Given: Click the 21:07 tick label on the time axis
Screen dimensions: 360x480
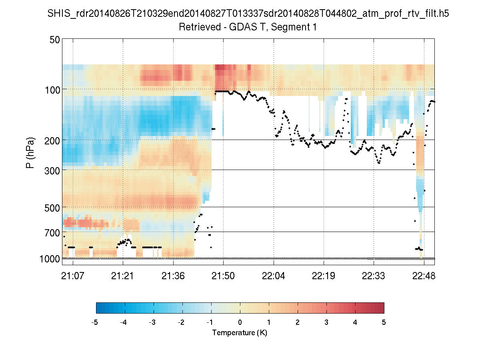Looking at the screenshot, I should [x=73, y=275].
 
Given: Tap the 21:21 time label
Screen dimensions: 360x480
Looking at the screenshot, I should [x=123, y=275].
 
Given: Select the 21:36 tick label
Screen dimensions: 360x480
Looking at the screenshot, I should [x=173, y=275].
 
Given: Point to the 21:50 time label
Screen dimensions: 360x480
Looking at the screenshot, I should [x=223, y=275].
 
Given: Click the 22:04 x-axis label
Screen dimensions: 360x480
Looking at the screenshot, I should [x=274, y=275].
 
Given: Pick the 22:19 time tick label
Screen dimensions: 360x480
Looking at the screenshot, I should [x=324, y=275].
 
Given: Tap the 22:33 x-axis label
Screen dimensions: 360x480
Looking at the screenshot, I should [x=374, y=275].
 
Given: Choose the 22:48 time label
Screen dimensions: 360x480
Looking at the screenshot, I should [x=424, y=275].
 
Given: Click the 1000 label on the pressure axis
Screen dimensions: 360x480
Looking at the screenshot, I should [x=50, y=259].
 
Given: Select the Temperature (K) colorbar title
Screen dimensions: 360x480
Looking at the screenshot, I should [x=240, y=333].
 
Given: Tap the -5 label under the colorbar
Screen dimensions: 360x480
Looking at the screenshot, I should [x=95, y=322].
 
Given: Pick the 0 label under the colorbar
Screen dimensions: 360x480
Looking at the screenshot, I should [x=240, y=322].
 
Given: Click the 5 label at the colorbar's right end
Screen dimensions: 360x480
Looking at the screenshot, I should [x=384, y=322].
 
